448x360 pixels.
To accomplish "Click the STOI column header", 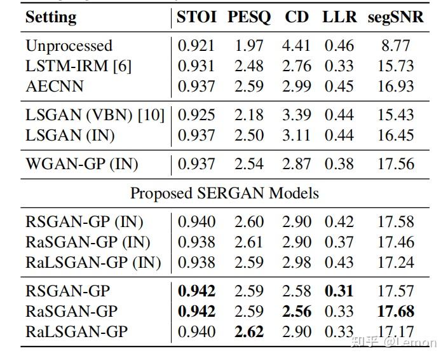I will click(x=197, y=18).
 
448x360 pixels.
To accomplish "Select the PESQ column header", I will click(x=249, y=18).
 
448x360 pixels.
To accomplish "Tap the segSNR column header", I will click(x=395, y=18).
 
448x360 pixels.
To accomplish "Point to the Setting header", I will click(x=50, y=18).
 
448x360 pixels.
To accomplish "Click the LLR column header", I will click(x=339, y=18).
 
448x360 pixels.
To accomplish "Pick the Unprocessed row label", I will click(x=69, y=46).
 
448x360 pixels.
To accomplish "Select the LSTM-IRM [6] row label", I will click(x=78, y=66).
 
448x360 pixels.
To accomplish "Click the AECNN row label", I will click(x=55, y=87).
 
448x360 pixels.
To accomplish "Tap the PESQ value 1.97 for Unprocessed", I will click(x=249, y=46).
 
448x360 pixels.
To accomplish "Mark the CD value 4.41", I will click(x=296, y=46).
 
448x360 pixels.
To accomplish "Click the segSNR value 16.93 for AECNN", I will click(x=395, y=87).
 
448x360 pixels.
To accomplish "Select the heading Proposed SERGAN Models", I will click(x=224, y=193).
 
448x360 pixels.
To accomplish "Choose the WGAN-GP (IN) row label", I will click(x=81, y=165).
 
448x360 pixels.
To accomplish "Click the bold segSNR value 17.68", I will click(x=395, y=312).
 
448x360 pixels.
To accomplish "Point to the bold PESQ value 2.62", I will click(x=249, y=332).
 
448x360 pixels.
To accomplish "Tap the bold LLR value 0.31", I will click(x=339, y=291).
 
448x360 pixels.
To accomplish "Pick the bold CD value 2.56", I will click(x=296, y=312).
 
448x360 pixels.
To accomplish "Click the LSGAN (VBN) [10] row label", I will click(x=95, y=115).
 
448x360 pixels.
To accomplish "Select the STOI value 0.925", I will click(x=197, y=115).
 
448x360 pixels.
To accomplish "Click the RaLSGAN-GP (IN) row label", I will click(x=93, y=263).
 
